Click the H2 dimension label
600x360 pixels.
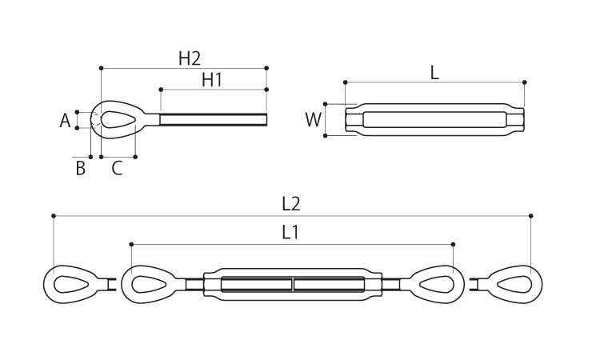click(x=189, y=58)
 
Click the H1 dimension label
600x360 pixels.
click(x=212, y=80)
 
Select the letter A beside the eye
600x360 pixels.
click(x=66, y=121)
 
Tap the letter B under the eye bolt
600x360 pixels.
click(x=80, y=168)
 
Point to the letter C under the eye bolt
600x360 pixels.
click(x=117, y=168)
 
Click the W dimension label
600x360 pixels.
click(x=313, y=120)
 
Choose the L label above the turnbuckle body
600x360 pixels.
click(x=434, y=73)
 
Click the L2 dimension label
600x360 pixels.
click(x=291, y=205)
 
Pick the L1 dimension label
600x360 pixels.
click(x=290, y=233)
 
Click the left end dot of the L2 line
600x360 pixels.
click(x=54, y=216)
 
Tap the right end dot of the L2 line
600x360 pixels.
click(x=530, y=216)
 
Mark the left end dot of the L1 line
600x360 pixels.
click(x=130, y=244)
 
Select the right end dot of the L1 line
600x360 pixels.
click(x=453, y=244)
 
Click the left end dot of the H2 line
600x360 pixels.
click(x=102, y=68)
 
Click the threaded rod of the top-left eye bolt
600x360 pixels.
click(x=213, y=120)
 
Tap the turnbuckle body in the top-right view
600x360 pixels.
click(x=434, y=120)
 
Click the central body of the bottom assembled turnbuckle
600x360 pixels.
click(x=293, y=285)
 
